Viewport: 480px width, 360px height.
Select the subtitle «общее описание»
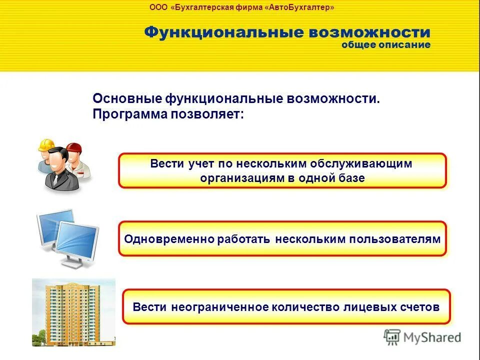[x=385, y=45]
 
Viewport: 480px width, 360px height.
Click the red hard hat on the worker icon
[x=74, y=147]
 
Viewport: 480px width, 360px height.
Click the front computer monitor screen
[x=76, y=240]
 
